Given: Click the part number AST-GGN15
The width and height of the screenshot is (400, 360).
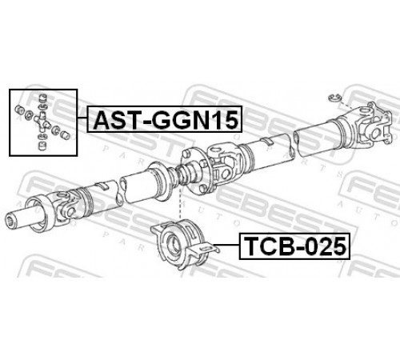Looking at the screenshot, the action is tap(166, 120).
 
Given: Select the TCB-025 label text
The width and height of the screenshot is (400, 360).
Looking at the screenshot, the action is tap(295, 246).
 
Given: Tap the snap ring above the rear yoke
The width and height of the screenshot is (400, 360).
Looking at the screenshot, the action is tap(334, 98).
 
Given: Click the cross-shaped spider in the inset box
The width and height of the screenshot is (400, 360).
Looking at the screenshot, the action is tap(42, 122).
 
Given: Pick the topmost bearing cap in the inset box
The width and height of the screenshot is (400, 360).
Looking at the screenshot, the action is tap(42, 98).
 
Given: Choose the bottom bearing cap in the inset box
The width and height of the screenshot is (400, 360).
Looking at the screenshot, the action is tap(42, 146).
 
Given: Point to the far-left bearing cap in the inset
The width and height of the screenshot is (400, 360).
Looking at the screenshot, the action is tap(20, 110).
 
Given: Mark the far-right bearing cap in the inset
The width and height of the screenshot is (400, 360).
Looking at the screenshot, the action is tap(65, 134).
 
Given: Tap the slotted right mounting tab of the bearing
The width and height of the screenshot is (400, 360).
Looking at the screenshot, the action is tap(206, 249).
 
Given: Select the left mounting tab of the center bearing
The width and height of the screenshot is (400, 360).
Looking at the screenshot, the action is tap(158, 228).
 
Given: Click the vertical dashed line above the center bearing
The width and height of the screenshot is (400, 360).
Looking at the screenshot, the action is tap(181, 202).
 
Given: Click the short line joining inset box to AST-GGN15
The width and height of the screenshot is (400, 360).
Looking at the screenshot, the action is tap(82, 118).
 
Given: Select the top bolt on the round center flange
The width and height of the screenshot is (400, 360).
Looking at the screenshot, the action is tap(186, 153).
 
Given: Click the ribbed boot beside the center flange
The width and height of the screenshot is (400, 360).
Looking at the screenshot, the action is tap(184, 174).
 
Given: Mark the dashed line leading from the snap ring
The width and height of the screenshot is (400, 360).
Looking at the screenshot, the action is tap(347, 105).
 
